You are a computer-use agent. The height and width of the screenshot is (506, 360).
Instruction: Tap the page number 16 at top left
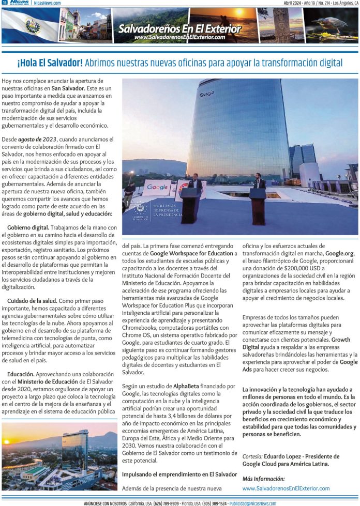[x=4, y=3]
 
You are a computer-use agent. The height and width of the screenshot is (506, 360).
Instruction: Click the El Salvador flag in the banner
[x=29, y=25]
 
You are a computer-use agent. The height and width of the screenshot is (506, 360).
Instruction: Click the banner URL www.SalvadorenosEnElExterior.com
[x=179, y=37]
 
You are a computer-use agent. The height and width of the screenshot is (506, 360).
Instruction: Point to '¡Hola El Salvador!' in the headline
[x=50, y=63]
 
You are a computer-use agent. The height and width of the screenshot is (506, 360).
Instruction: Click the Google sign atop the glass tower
[x=206, y=94]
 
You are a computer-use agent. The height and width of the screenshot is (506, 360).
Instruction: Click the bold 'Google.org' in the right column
[x=339, y=254]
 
